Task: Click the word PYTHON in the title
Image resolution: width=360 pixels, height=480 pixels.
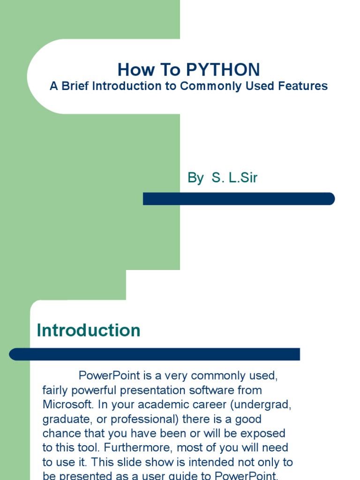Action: pos(223,70)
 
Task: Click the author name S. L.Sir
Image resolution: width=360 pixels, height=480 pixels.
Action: pos(234,178)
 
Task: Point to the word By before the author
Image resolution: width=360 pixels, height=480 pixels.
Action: pos(195,178)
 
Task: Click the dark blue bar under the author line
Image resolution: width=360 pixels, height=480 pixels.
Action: pos(239,199)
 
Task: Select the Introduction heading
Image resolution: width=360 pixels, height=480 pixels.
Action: pos(89,330)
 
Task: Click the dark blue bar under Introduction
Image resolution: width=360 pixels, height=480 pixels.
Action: pos(155,354)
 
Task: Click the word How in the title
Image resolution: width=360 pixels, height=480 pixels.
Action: pos(133,70)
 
